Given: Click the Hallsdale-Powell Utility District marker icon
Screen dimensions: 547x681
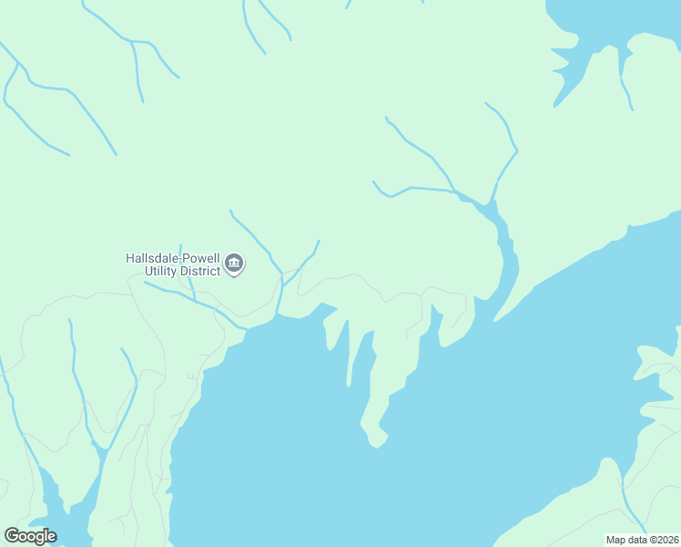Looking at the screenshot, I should pos(234,264).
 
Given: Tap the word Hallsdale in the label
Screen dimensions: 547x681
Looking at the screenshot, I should pos(152,258).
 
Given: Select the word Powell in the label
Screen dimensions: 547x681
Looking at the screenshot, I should pos(201,258).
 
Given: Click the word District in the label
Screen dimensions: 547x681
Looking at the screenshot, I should pos(200,271).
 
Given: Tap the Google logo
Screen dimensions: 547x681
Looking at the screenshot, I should pos(30,536).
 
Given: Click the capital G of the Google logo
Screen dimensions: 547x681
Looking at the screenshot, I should pos(12,536).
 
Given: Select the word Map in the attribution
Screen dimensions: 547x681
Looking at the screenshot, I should pos(616,540).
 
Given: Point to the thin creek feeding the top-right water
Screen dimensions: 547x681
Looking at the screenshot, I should pos(625,82).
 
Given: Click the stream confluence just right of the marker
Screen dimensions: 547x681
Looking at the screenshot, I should pos(282,272).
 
